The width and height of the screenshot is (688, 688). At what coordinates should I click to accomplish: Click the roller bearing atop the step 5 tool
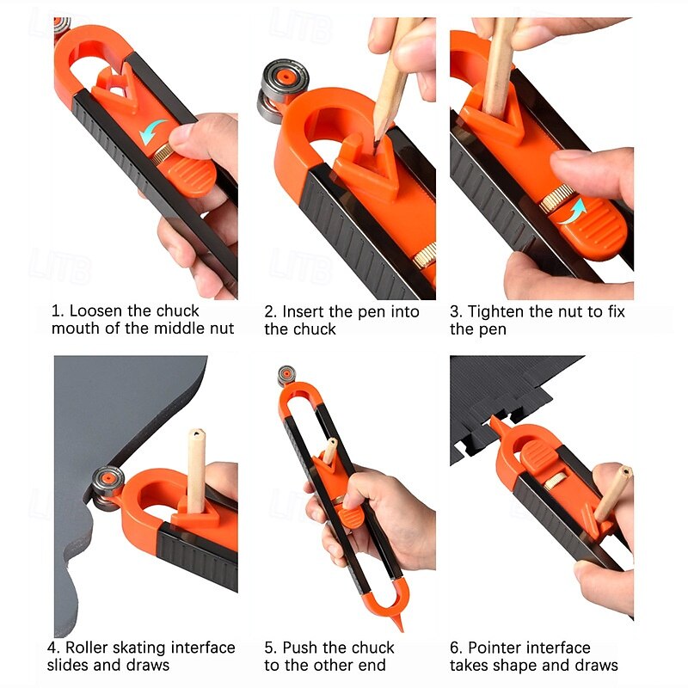tap(287, 376)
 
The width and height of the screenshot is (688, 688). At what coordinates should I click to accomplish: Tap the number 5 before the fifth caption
tap(268, 648)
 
